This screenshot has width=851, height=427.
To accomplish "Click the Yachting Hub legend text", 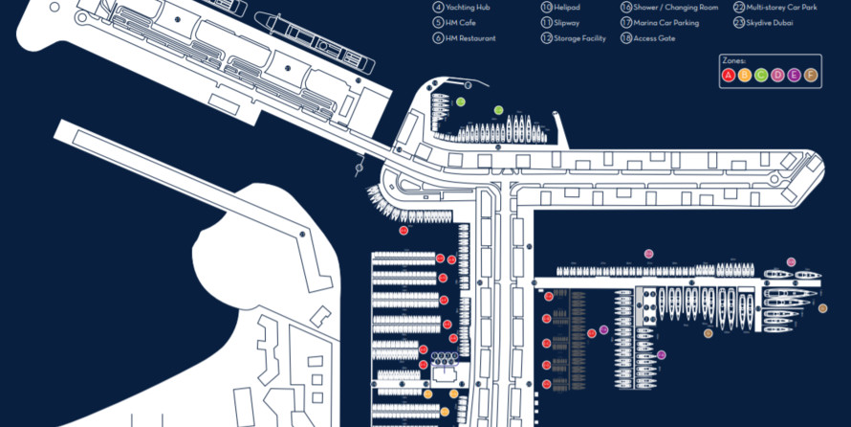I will tap(468, 7).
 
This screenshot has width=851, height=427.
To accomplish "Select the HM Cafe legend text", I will tap(461, 22).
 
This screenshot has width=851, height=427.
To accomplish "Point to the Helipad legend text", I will tap(567, 7).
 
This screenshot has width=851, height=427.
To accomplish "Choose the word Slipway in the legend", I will tap(567, 22).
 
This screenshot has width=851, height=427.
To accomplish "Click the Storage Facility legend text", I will tap(579, 38).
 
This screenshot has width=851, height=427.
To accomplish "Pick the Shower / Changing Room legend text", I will tap(669, 7).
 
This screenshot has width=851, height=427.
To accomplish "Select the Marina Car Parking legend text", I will tap(666, 22).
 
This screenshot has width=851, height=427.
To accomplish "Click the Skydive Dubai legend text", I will tap(771, 22).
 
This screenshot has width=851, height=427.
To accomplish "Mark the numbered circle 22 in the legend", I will tap(739, 7).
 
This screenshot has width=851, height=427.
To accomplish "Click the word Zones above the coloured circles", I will tap(735, 60).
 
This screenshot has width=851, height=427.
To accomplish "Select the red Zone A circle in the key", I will tap(729, 75).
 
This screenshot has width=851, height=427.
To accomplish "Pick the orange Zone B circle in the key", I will tap(745, 75).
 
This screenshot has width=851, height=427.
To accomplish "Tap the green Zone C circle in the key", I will tap(761, 75).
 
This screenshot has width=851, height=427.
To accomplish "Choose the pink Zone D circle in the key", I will tap(777, 75).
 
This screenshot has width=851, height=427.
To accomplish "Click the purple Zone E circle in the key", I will tap(794, 75).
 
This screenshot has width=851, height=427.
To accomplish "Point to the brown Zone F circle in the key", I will tap(810, 75).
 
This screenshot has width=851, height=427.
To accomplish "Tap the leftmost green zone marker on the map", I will tap(460, 101).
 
